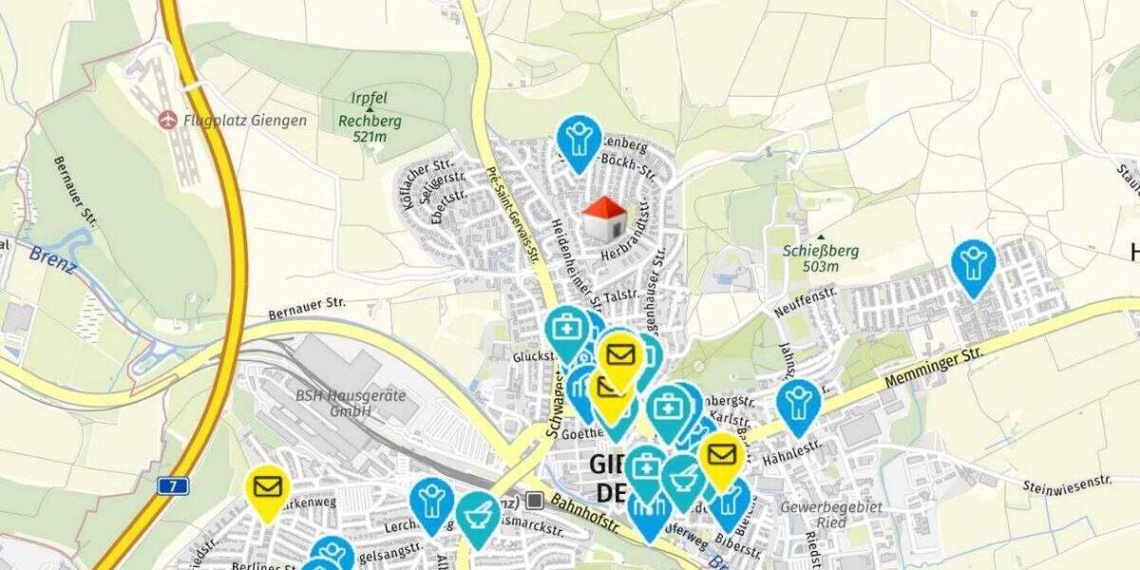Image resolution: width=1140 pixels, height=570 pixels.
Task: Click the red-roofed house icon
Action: (x=603, y=218)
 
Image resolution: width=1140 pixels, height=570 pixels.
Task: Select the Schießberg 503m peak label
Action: (x=821, y=258)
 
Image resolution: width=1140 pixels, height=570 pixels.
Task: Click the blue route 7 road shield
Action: (x=173, y=485)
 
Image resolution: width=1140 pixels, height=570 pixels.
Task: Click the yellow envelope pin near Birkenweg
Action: (x=267, y=487)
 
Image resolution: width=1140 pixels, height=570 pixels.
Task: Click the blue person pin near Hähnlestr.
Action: (x=798, y=402)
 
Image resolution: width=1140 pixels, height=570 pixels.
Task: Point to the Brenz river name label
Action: (x=52, y=257)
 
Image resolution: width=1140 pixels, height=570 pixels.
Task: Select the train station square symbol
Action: (x=535, y=500)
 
